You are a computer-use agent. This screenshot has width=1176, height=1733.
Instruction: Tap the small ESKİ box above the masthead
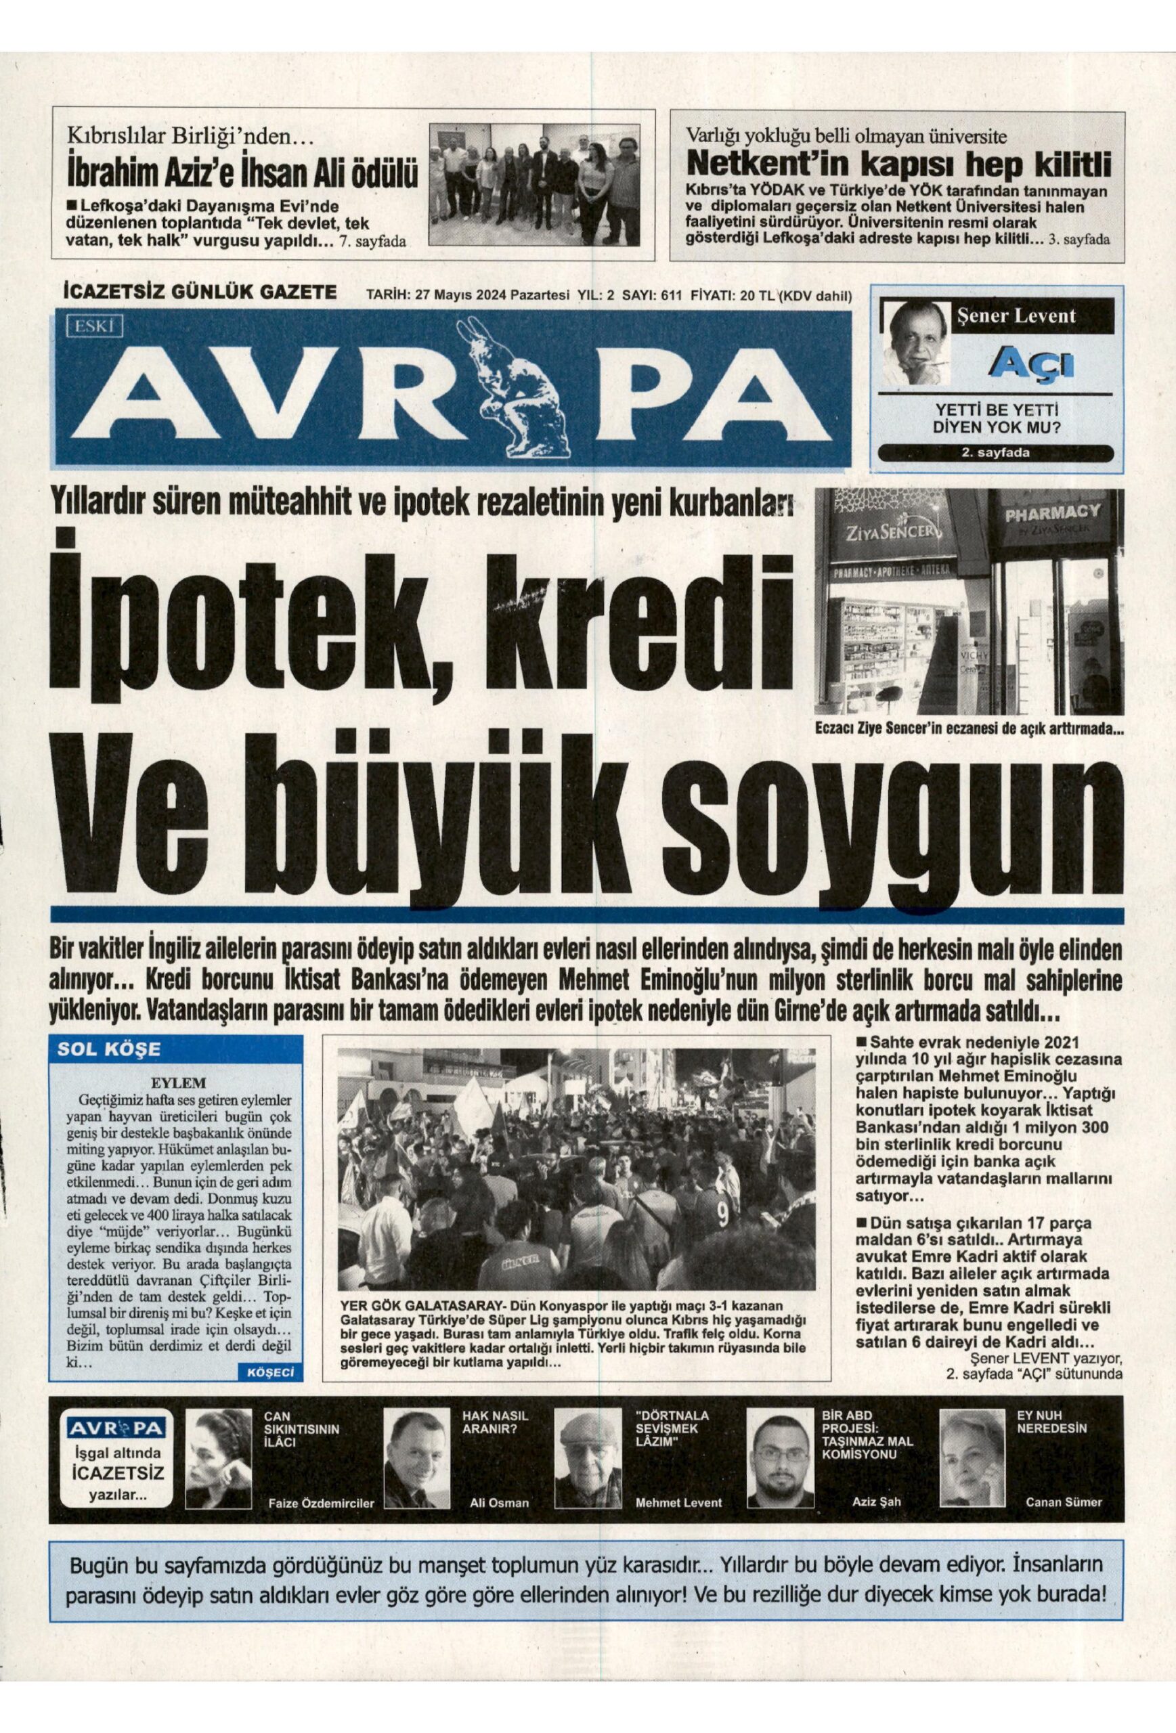click(x=94, y=325)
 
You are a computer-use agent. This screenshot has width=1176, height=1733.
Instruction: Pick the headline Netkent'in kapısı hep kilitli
click(x=898, y=162)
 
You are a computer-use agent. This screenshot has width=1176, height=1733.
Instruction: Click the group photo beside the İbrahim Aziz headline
click(x=536, y=184)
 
